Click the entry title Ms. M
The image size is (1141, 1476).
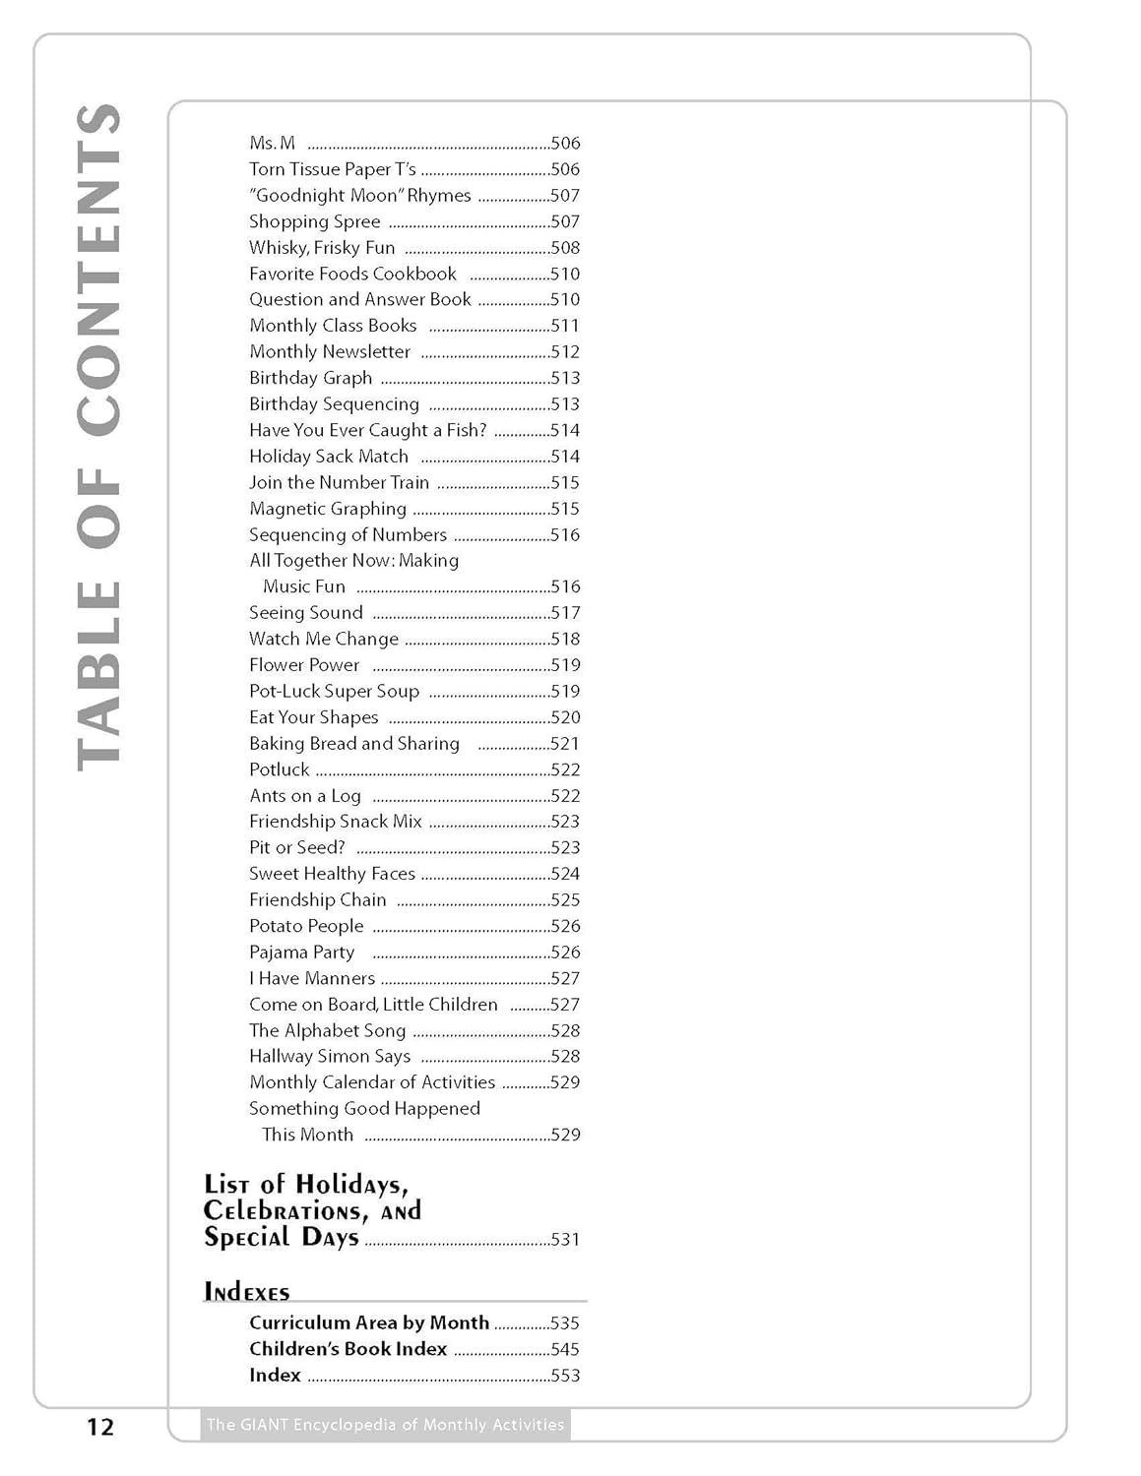tap(272, 144)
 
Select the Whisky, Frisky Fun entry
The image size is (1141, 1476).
tap(322, 248)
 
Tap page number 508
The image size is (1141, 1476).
tap(565, 248)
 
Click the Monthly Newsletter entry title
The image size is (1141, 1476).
tap(330, 352)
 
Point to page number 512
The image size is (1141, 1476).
tap(565, 352)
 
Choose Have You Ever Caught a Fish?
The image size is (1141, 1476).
tap(367, 430)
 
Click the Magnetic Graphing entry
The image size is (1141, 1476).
tap(328, 509)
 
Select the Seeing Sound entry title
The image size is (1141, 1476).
tap(306, 613)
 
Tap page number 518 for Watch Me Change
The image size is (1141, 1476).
tap(565, 639)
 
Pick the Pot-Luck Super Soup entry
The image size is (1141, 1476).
tap(334, 692)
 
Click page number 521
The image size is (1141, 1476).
tap(565, 744)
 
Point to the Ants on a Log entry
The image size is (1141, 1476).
tap(305, 796)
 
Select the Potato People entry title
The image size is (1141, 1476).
tap(306, 926)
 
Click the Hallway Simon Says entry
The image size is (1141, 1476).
tap(330, 1057)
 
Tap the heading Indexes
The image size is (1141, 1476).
tap(247, 1292)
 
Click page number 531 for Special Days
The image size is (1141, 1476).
tap(565, 1240)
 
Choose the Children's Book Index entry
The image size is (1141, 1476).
tap(348, 1349)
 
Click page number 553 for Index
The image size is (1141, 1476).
tap(565, 1376)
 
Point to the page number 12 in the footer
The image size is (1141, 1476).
tap(100, 1427)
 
